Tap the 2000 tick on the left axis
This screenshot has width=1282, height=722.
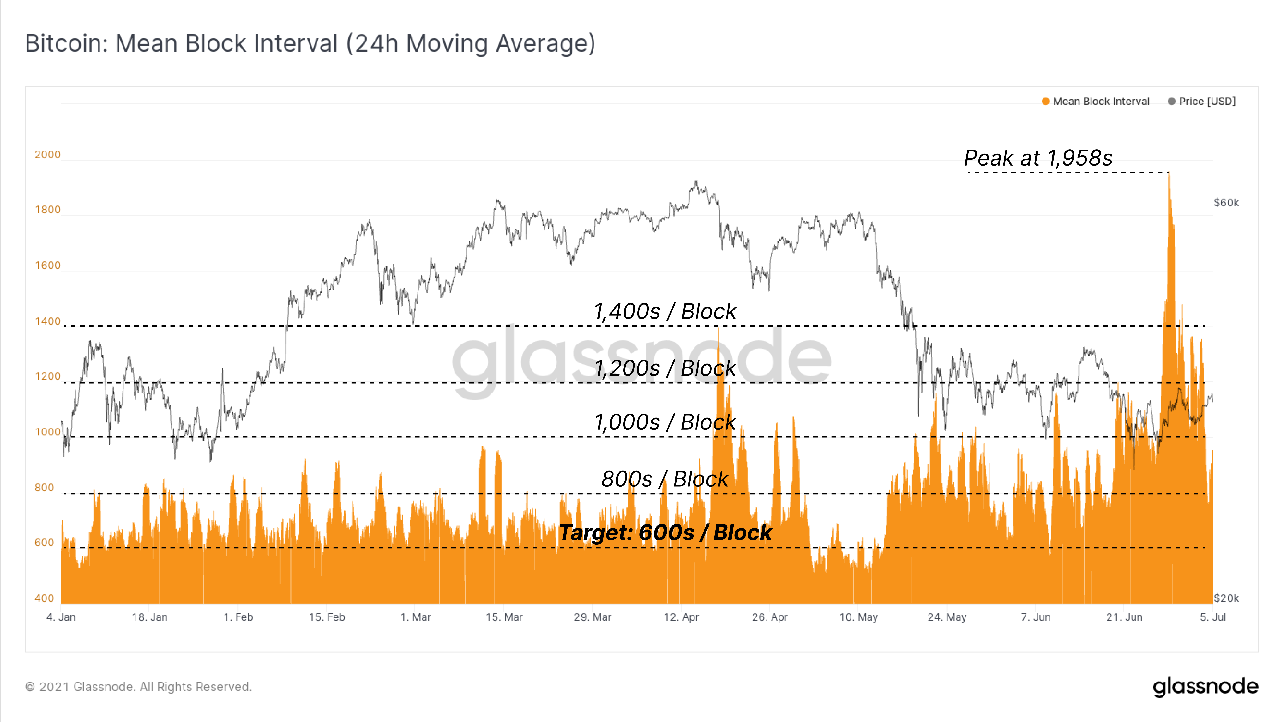pos(47,155)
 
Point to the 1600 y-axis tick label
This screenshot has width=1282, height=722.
pos(47,265)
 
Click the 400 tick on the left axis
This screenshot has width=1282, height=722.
pos(44,598)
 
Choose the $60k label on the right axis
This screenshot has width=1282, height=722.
pos(1226,203)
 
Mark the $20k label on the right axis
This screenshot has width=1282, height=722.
pos(1226,598)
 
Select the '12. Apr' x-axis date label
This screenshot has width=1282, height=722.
pos(681,617)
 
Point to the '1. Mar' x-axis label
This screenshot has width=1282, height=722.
pos(416,617)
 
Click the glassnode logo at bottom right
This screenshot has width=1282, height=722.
pos(1205,687)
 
